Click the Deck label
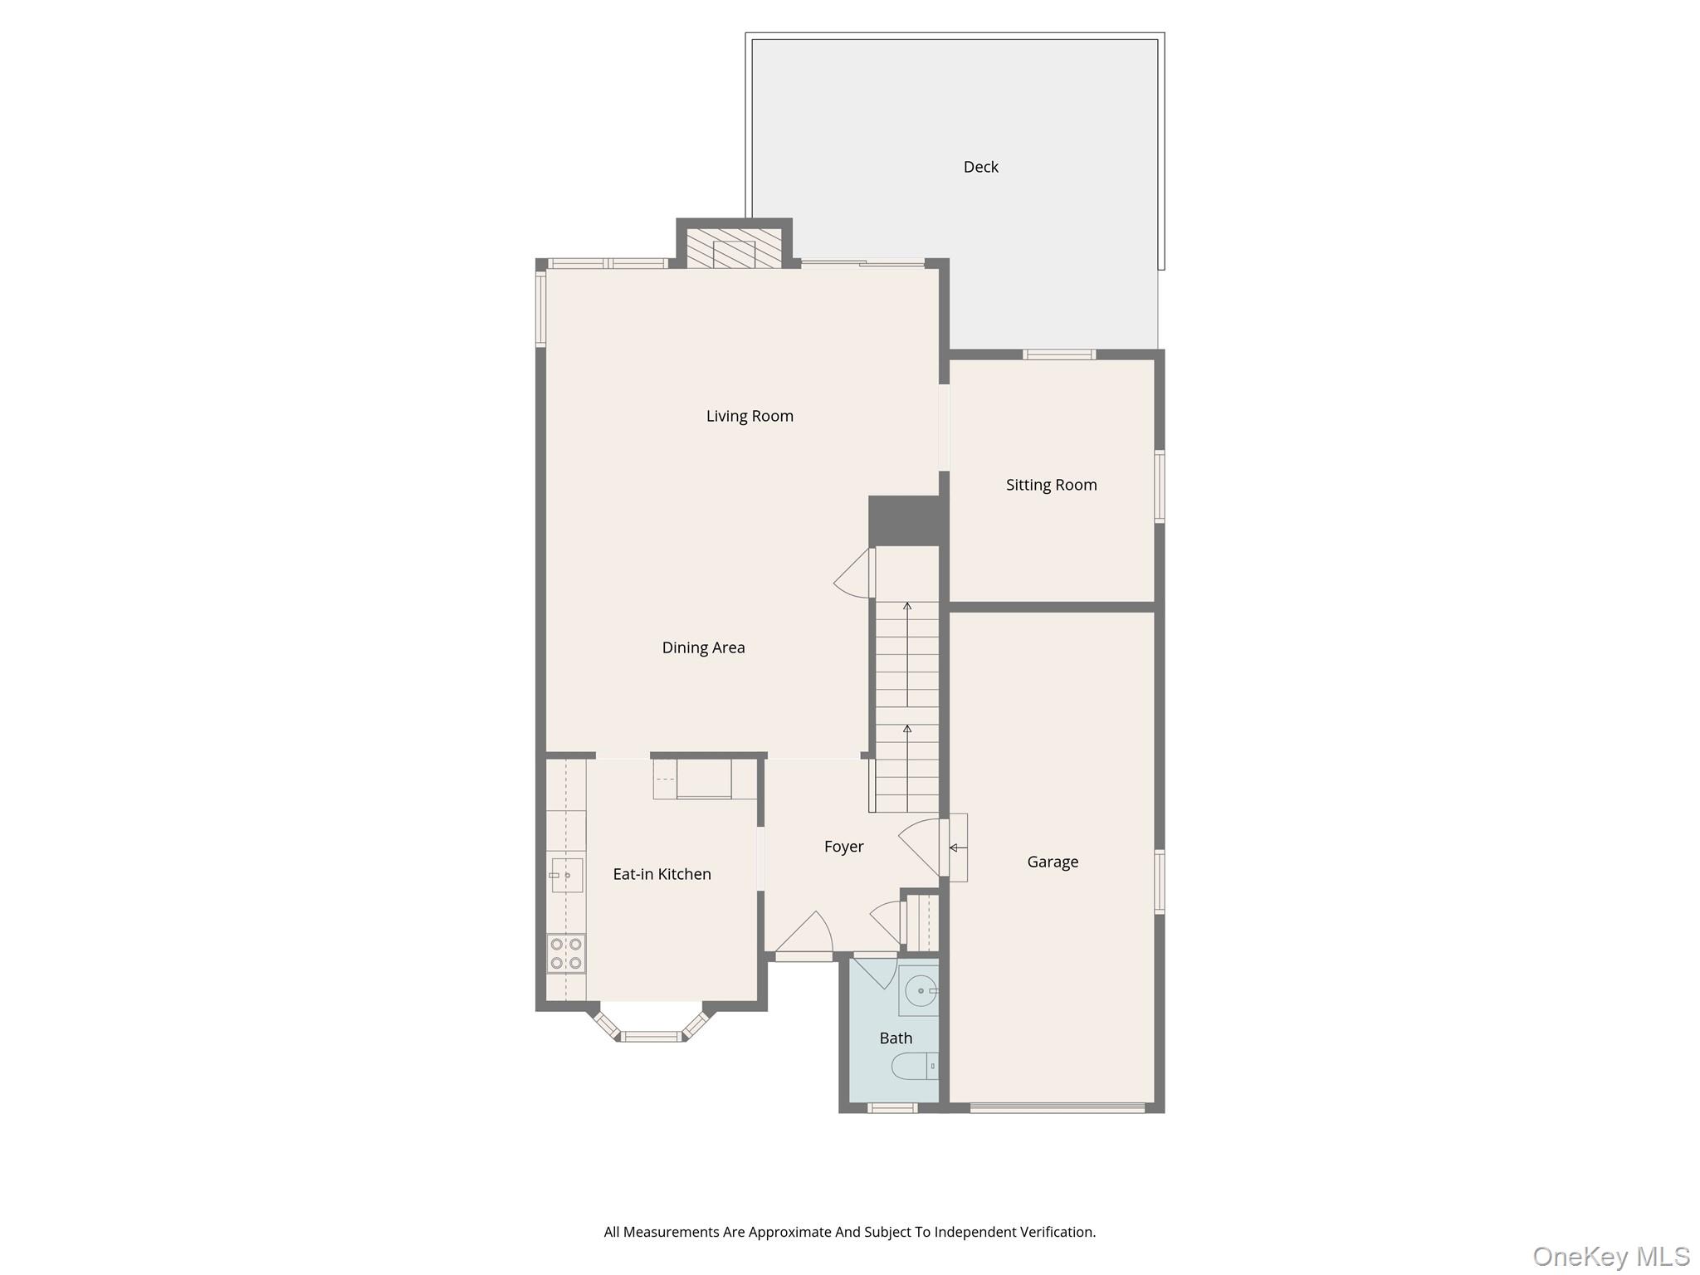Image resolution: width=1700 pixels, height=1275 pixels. [980, 167]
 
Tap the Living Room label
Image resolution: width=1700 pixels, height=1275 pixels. [750, 416]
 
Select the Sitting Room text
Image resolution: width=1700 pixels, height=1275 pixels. [1051, 485]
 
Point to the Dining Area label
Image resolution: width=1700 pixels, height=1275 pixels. [703, 647]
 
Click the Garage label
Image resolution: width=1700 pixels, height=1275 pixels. [1053, 862]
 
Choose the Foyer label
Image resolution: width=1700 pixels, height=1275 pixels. [843, 847]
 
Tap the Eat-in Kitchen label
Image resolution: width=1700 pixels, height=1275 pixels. [662, 874]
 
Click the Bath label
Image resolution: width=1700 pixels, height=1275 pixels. [896, 1038]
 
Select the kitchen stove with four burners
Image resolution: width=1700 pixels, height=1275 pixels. [566, 953]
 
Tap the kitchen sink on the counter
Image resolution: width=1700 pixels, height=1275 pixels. [567, 875]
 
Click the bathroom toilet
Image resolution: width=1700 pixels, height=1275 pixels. [916, 1066]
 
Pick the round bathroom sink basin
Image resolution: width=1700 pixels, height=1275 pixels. [920, 990]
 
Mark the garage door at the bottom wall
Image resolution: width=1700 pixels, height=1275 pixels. [1057, 1106]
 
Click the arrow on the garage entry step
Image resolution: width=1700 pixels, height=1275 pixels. [955, 848]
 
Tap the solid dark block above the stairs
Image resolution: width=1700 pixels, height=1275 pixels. [904, 520]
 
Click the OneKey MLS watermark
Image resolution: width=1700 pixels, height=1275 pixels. [1610, 1257]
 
